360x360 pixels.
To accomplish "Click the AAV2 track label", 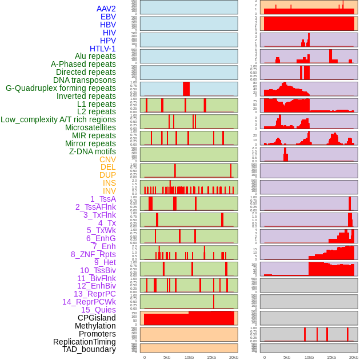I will tap(106, 9).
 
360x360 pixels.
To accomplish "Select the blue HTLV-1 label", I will tap(103, 49).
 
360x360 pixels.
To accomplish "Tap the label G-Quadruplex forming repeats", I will tap(61, 88).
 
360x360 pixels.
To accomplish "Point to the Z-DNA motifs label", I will tap(93, 151).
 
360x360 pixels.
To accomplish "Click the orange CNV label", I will tap(107, 159).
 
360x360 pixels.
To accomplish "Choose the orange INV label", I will tap(109, 191).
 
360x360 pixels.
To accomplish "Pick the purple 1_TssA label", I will tap(103, 199).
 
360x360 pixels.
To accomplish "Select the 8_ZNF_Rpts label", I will tap(93, 254).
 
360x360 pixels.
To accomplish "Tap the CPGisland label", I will tap(97, 318).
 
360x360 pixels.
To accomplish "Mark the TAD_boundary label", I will tap(89, 349).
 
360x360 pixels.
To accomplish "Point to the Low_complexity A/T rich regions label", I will tap(58, 119).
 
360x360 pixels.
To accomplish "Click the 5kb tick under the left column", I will tap(167, 357).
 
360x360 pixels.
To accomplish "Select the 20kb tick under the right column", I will tap(354, 357).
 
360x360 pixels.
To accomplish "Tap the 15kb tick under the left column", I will tap(211, 357).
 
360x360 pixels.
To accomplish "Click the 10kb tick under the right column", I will tap(309, 357).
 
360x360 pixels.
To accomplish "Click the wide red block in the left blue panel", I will tap(186, 89).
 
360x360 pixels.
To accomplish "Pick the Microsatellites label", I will tap(90, 127).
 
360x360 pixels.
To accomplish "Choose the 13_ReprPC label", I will tap(94, 294).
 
